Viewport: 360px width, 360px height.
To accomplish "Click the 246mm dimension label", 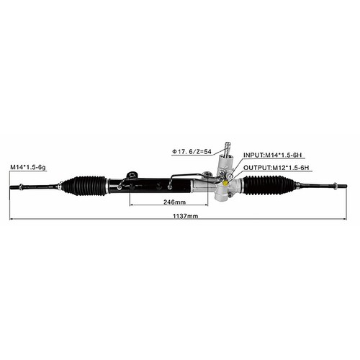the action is (x=174, y=202).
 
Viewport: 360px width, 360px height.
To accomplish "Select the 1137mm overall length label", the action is (x=186, y=216).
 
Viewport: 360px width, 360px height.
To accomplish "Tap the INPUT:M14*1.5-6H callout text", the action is (x=272, y=155).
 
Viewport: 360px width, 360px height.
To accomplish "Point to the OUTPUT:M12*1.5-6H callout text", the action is (x=276, y=168).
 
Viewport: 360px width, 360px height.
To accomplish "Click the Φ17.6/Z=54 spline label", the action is (x=192, y=152).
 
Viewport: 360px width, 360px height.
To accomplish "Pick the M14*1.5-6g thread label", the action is (x=28, y=167).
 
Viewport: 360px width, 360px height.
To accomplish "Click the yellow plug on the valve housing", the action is (x=225, y=183).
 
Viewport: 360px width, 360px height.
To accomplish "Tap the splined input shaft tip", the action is (x=228, y=145).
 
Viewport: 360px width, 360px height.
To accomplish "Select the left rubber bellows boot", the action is (x=84, y=186).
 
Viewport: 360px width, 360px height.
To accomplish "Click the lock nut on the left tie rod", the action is (x=21, y=186).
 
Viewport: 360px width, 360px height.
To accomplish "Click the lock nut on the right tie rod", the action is (x=336, y=186).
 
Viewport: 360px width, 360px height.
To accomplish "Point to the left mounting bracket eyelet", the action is (x=132, y=174).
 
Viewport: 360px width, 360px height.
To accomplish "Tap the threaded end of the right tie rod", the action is (x=342, y=186).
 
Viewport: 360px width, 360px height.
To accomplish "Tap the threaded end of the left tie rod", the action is (x=14, y=187).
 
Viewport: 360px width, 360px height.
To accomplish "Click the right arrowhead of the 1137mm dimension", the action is (x=345, y=219).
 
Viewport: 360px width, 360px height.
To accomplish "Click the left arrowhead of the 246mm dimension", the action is (x=131, y=205).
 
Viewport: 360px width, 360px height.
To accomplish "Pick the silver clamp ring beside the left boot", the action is (x=107, y=186).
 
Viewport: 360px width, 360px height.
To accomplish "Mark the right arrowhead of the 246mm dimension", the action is (x=206, y=205).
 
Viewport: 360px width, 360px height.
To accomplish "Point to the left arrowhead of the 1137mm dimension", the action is (x=12, y=219).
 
